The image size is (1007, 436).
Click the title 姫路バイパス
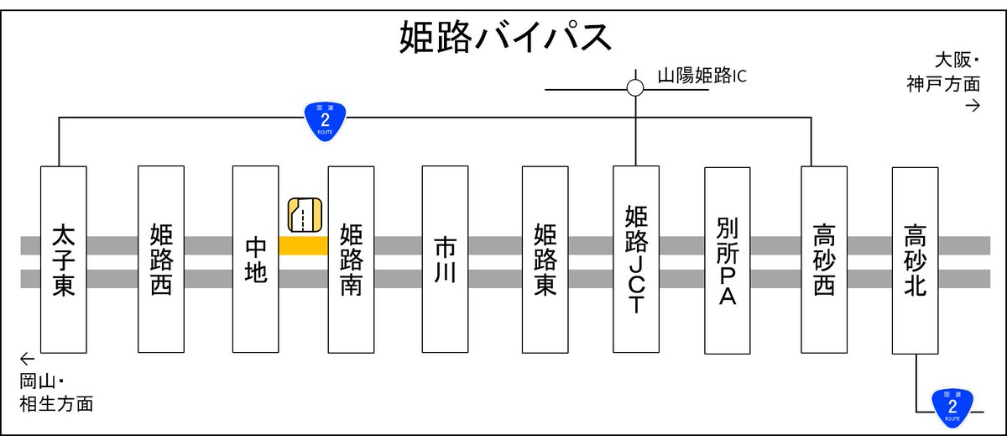tap(505, 36)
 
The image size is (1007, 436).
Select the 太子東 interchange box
tap(64, 260)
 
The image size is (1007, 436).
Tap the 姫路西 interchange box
tap(161, 260)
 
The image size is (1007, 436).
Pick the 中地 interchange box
tap(255, 260)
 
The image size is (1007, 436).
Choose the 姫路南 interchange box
tap(351, 260)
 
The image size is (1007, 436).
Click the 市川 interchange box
tap(445, 260)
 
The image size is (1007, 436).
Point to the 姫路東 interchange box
tap(545, 260)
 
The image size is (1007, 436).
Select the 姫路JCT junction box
tap(636, 260)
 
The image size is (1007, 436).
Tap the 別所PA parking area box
tap(728, 260)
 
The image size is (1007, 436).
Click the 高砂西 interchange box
tap(824, 260)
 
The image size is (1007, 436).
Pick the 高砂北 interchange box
tap(916, 260)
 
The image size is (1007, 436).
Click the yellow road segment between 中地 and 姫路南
tap(303, 245)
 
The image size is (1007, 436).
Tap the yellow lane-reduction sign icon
tap(305, 215)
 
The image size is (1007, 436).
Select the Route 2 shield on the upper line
tap(325, 121)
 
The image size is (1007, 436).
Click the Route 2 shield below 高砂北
tap(952, 407)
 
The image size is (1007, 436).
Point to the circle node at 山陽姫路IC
tap(635, 87)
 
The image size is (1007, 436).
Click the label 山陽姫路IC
tap(702, 76)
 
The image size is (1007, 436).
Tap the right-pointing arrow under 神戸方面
tap(973, 106)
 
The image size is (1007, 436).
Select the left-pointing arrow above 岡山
tap(28, 359)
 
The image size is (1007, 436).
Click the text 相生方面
tap(57, 403)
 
